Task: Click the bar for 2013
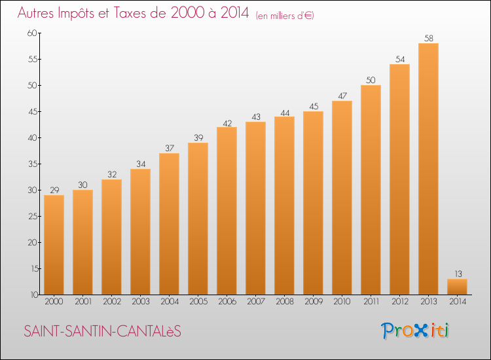click(428, 169)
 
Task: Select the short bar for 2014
click(457, 287)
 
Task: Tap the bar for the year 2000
click(54, 245)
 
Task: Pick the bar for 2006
click(227, 211)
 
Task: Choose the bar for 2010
click(342, 198)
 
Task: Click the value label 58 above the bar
click(428, 39)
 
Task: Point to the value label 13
click(457, 274)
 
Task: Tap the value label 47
click(342, 96)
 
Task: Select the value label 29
click(54, 190)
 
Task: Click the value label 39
click(198, 138)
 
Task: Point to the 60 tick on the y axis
click(32, 33)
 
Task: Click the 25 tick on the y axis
click(32, 217)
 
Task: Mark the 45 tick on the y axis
click(32, 112)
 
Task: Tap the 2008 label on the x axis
click(284, 302)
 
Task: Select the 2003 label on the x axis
click(140, 302)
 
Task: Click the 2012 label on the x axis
click(399, 302)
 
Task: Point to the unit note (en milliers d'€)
click(285, 16)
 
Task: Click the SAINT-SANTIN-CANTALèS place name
click(102, 332)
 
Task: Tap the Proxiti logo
click(414, 331)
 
